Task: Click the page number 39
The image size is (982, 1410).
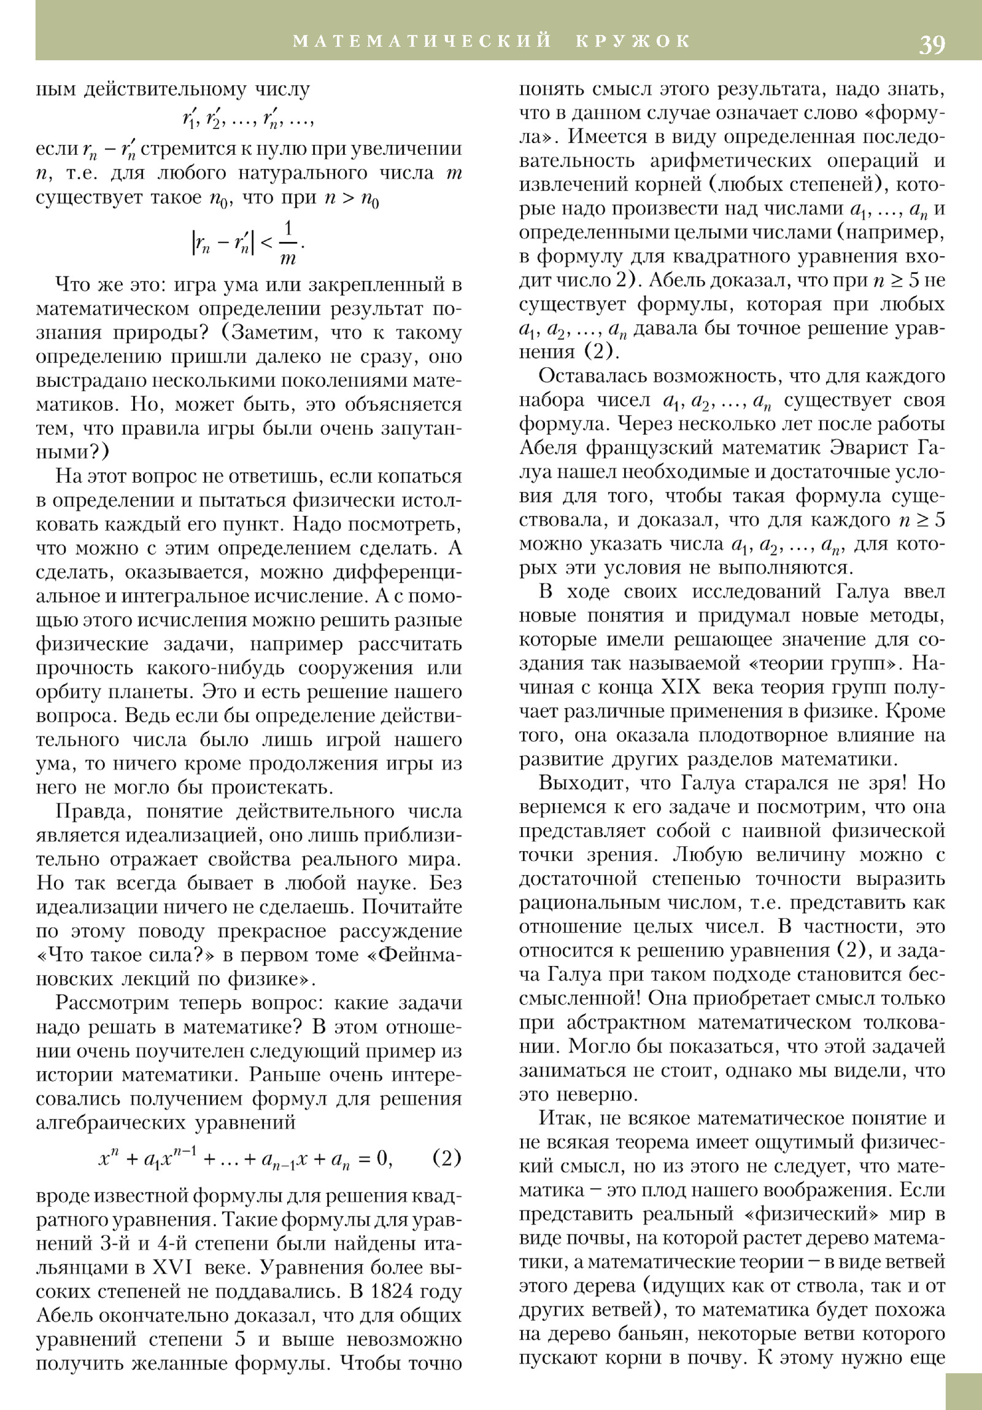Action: tap(932, 45)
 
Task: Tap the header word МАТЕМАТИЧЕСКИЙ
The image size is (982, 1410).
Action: tap(423, 41)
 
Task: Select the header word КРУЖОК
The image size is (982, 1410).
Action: tap(633, 41)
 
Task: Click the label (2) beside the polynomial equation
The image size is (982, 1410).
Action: tap(446, 1158)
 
